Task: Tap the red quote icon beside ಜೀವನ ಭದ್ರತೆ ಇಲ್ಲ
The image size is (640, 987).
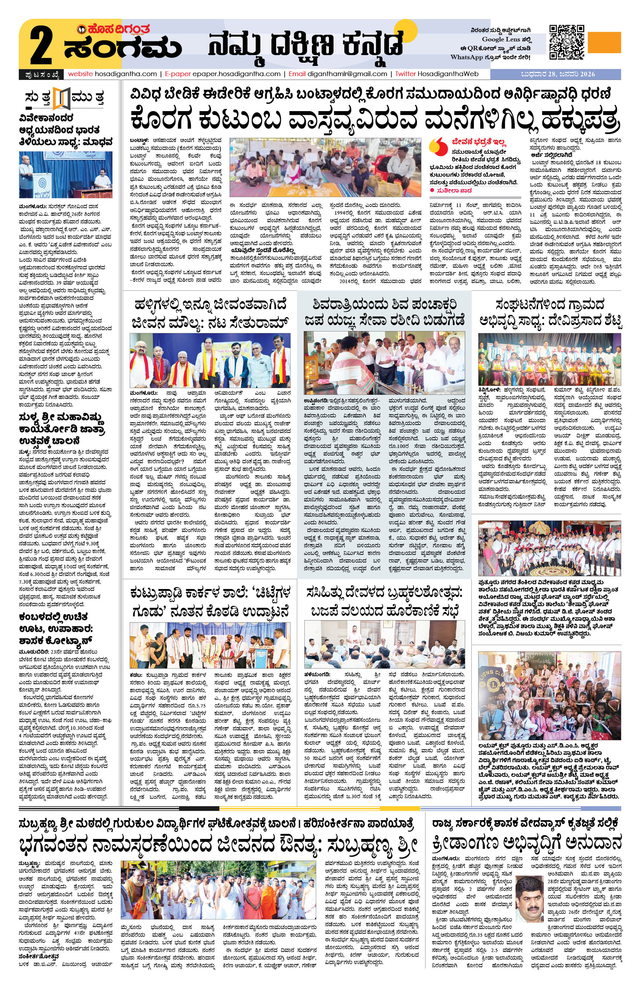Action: [437, 147]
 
